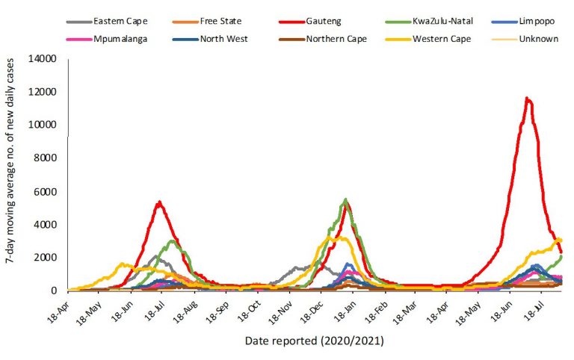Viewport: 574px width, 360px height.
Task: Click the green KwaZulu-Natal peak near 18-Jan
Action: [x=345, y=199]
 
